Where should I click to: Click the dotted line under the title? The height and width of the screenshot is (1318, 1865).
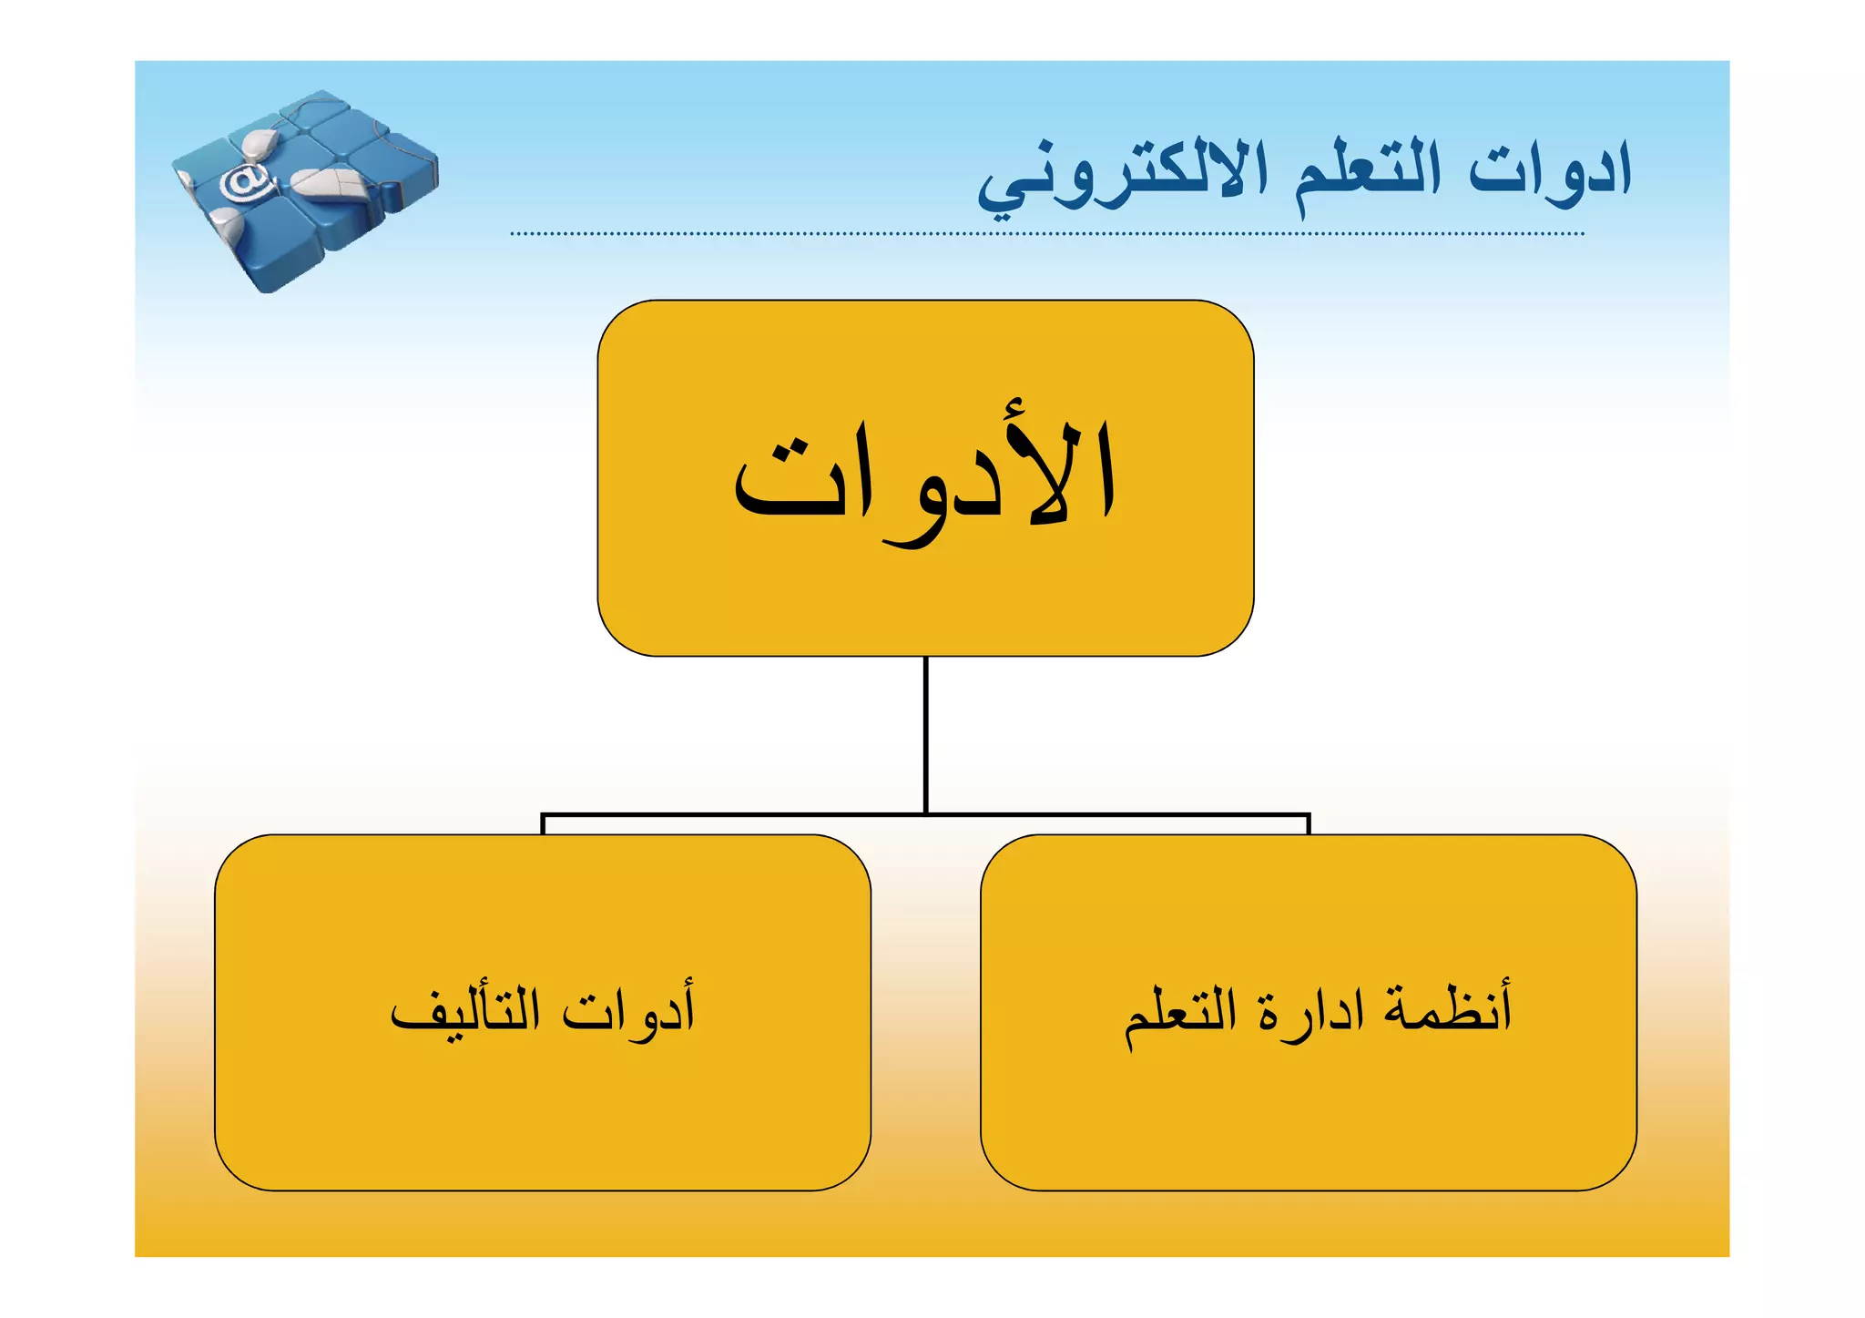coord(1047,234)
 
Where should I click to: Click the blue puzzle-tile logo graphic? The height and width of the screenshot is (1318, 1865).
coord(305,191)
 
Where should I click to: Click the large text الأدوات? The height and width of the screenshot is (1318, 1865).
coord(925,478)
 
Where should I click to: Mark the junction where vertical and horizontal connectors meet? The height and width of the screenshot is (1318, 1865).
coord(925,814)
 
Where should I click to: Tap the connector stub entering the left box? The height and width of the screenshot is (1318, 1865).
coord(543,824)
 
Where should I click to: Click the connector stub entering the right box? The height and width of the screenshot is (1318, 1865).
coord(1309,824)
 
